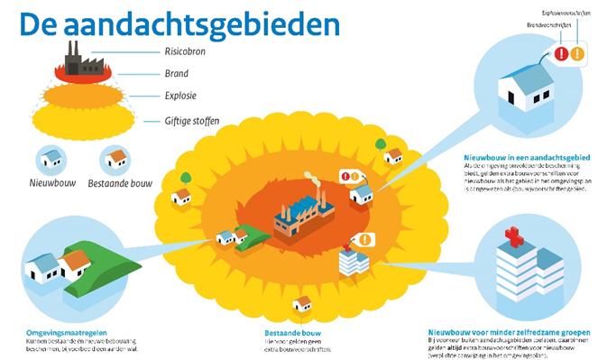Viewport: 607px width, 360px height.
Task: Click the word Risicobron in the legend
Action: coord(183,51)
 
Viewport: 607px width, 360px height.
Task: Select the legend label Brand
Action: coord(177,74)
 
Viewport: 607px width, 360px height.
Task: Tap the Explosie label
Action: coord(180,95)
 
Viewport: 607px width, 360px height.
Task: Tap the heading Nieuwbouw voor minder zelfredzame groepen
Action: coord(509,332)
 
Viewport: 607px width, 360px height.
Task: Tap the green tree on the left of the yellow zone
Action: coord(186,178)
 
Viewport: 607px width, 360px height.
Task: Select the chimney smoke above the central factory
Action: coord(311,179)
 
